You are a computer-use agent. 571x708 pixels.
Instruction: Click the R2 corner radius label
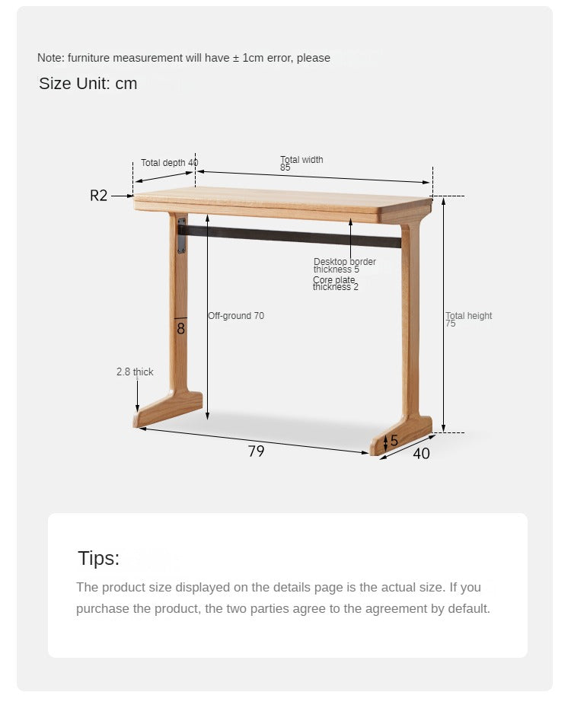[99, 196]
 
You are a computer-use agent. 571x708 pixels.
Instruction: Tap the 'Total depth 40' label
[169, 163]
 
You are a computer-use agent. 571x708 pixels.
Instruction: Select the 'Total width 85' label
[301, 163]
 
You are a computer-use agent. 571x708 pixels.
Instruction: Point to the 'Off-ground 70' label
[236, 316]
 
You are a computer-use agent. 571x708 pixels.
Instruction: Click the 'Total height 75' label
[468, 319]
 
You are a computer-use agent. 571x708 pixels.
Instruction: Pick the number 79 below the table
[256, 451]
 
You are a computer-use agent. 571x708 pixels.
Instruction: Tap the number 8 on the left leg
[180, 329]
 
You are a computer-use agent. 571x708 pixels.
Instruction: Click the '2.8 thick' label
[135, 372]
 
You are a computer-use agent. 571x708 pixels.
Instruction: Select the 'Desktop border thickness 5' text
[344, 266]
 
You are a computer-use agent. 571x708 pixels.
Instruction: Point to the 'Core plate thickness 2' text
[336, 284]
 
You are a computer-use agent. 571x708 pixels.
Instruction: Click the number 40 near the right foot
[421, 454]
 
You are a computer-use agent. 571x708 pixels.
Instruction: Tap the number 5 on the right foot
[394, 441]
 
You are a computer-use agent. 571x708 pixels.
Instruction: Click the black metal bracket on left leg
[181, 235]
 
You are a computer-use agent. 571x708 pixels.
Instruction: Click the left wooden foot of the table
[168, 409]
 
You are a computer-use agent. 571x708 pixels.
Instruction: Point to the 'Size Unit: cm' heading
[88, 84]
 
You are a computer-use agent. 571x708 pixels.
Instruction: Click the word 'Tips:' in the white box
[98, 558]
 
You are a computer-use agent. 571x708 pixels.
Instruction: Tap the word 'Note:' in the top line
[50, 58]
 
